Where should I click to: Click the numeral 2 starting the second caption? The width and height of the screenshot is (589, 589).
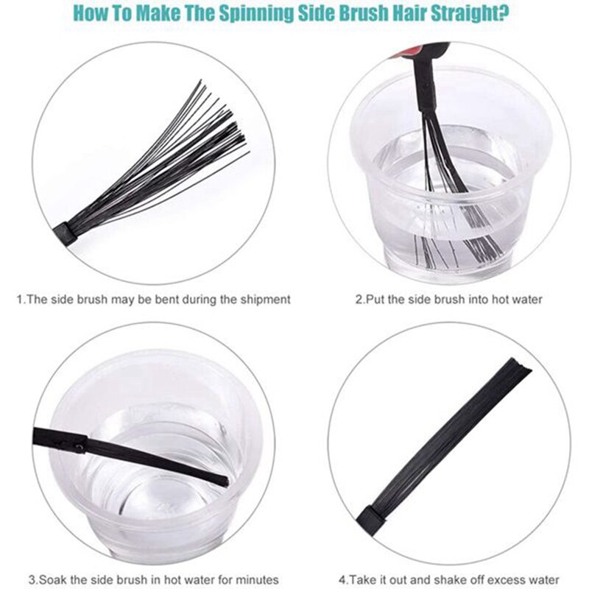point(359,300)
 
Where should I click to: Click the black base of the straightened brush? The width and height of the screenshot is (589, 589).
point(373,520)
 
